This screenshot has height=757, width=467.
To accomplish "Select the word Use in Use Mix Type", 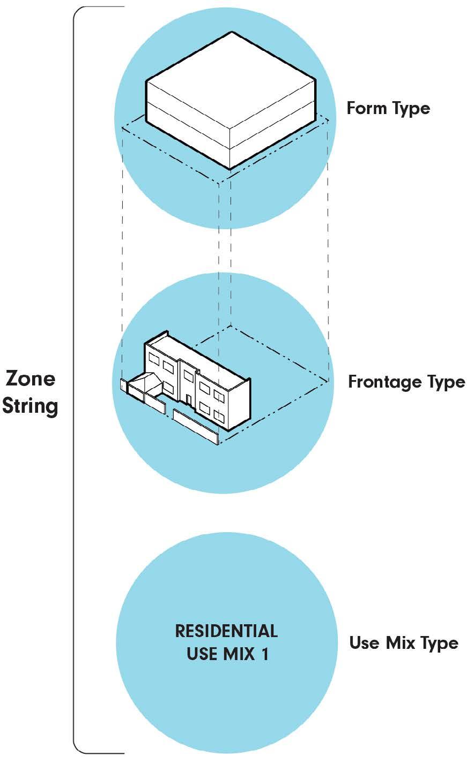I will [364, 642].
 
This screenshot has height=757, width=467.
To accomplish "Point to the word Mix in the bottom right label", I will [399, 642].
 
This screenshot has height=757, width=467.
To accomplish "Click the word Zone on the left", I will [30, 379].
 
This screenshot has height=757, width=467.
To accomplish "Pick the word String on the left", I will [30, 405].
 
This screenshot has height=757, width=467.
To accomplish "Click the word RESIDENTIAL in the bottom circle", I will [226, 631].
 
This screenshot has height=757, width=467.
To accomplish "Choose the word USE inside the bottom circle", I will [202, 655].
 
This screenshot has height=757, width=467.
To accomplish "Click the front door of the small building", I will [189, 399].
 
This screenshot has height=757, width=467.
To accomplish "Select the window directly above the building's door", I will [188, 375].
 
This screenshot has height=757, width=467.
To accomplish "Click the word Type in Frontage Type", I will [443, 382].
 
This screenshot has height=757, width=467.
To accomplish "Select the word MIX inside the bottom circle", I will [236, 655].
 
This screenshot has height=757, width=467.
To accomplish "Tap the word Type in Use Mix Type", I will [437, 643].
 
